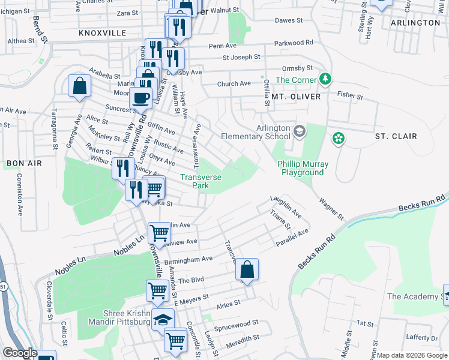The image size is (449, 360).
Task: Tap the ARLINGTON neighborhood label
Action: coord(415,22)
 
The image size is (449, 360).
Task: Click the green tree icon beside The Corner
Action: coord(325,79)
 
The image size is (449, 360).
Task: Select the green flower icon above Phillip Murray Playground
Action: coord(339,139)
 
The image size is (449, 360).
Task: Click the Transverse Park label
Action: coord(201,181)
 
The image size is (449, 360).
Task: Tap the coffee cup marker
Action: coord(141,98)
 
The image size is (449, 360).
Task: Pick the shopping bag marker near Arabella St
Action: coord(79,86)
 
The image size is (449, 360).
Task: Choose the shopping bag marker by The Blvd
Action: coord(246,270)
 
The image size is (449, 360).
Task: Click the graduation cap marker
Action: coord(162,320)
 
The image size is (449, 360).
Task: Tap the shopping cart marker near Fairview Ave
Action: coord(159,232)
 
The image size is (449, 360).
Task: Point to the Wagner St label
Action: coord(331,208)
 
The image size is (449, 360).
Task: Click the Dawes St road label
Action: coord(289,20)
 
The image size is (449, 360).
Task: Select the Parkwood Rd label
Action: coord(294,43)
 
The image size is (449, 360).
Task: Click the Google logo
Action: coord(20,353)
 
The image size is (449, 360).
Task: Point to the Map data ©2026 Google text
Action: coord(411,355)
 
